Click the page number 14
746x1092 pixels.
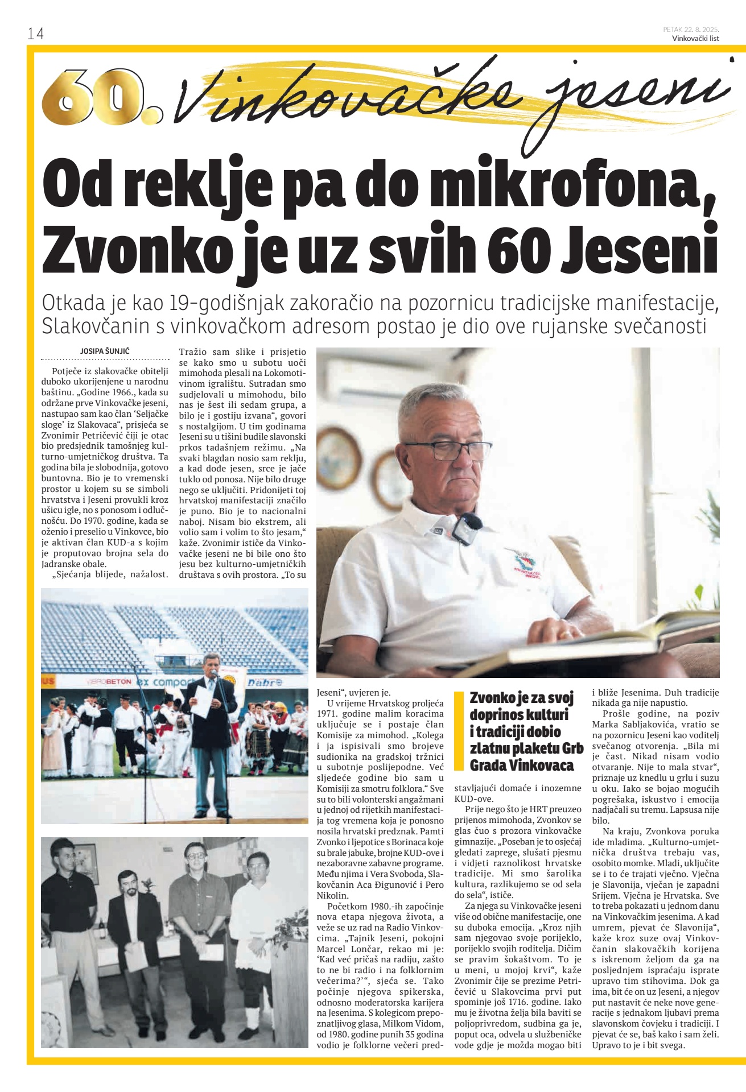tap(35, 34)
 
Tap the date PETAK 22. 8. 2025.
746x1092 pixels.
tap(691, 30)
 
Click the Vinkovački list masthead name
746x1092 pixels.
tap(695, 39)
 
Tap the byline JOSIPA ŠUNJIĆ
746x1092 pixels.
tap(105, 351)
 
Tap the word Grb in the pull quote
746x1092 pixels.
tap(572, 748)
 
